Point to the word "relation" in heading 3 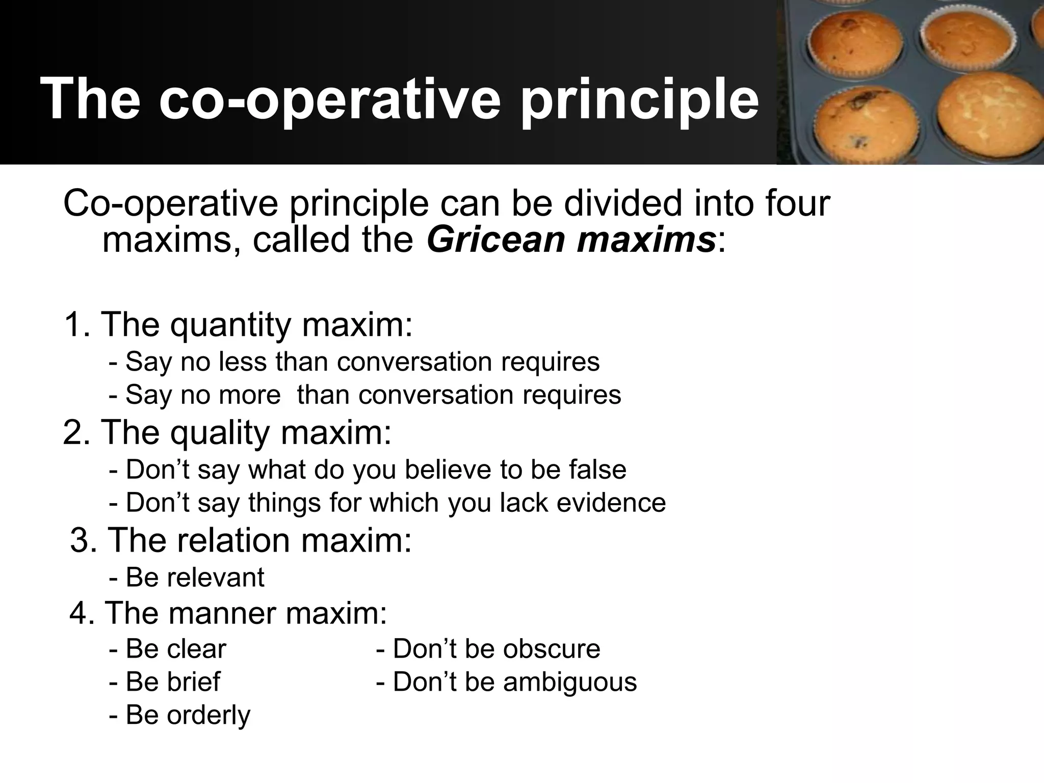point(235,540)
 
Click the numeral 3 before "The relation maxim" point(83,540)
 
